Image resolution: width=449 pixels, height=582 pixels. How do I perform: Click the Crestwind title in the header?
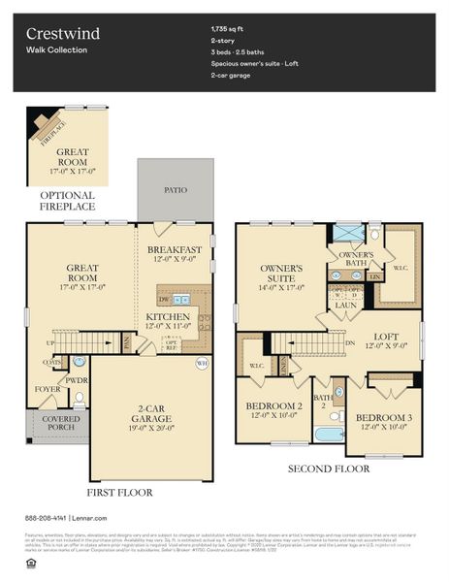coord(63,34)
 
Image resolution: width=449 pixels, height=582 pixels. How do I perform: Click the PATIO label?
coord(176,190)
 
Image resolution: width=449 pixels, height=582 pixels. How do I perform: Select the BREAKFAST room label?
coord(175,249)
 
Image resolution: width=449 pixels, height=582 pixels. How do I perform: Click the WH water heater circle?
coord(202,364)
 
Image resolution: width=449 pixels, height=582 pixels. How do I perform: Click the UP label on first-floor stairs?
coord(50,343)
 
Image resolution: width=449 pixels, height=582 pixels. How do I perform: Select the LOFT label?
coord(388,337)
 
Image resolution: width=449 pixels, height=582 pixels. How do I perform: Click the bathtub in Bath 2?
coord(329,434)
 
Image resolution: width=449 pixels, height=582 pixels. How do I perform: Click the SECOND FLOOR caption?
coord(329,469)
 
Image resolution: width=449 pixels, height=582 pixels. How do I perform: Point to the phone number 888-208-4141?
coord(47,518)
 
